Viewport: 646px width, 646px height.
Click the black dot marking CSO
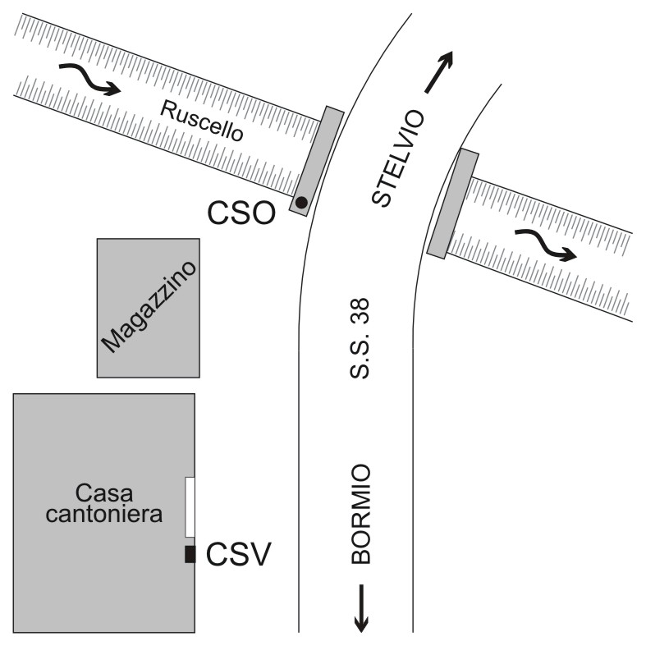tap(302, 202)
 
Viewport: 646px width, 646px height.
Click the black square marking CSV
tap(190, 554)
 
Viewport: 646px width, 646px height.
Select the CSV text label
tap(238, 555)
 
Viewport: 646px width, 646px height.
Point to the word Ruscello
tap(202, 121)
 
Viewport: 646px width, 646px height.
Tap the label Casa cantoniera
tap(118, 503)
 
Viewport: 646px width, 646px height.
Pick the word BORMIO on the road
tap(361, 514)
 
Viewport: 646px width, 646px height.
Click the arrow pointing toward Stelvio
tap(438, 71)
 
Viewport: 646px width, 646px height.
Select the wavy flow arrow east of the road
tap(545, 245)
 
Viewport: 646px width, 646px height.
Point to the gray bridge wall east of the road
tap(452, 204)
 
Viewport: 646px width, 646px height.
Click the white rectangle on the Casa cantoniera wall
tap(190, 507)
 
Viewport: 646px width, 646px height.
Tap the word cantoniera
tap(118, 515)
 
